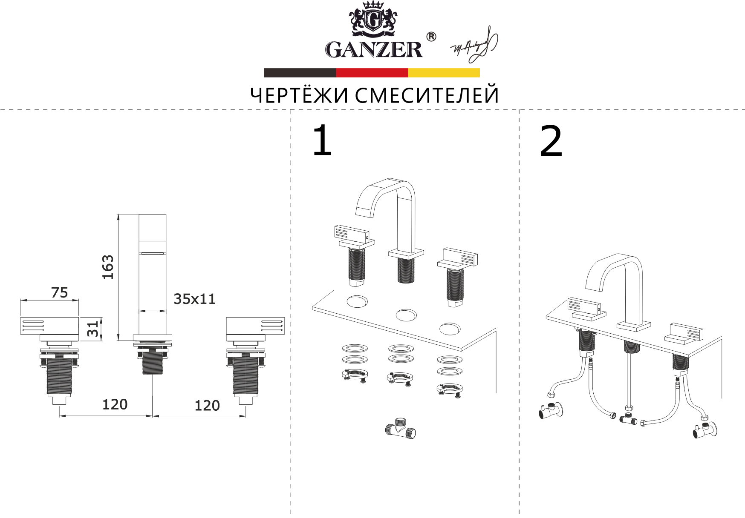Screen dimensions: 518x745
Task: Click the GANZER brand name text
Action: coord(374,49)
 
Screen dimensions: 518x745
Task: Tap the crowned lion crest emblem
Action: coord(373,20)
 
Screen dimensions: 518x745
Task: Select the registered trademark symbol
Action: coord(431,37)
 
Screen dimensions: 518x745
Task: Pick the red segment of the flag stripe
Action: coord(372,73)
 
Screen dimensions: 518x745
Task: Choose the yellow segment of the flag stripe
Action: coord(443,73)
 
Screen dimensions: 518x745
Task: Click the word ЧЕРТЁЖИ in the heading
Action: coord(299,95)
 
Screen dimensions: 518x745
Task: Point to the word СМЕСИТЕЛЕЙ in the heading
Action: coord(427,95)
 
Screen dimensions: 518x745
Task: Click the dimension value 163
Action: coord(108,267)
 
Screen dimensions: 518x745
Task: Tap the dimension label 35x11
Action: coord(194,299)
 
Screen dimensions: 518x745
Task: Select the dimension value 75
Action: coord(59,293)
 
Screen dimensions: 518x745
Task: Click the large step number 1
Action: coord(322,141)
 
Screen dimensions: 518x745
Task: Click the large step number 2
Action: coord(551,142)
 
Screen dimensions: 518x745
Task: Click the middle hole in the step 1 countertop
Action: coord(406,315)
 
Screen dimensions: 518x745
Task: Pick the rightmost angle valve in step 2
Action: coord(705,430)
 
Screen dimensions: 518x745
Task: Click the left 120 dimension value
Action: coord(115,404)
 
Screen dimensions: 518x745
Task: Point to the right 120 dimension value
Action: coord(207,406)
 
